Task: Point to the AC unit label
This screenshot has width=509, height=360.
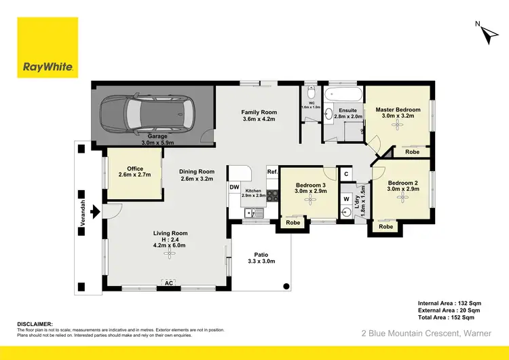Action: point(167,283)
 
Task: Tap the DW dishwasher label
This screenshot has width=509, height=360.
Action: point(234,186)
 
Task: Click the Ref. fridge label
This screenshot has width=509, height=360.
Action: point(271,172)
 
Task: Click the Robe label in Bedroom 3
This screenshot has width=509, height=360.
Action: point(293,222)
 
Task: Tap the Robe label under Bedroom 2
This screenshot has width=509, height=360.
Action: point(386,227)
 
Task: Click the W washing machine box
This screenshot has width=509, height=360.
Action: point(346,199)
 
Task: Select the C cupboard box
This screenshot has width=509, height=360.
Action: point(346,174)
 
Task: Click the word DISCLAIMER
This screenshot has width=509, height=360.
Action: point(35,324)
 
